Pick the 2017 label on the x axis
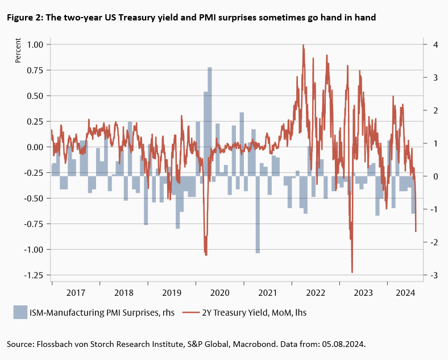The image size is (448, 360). click(76, 293)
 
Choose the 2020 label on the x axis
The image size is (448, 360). click(219, 293)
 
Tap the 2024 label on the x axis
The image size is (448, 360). click(405, 293)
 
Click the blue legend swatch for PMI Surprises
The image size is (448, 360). click(20, 312)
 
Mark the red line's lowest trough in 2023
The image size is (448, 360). click(352, 272)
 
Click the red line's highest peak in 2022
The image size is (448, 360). click(304, 45)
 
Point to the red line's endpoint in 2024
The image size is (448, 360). click(416, 231)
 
